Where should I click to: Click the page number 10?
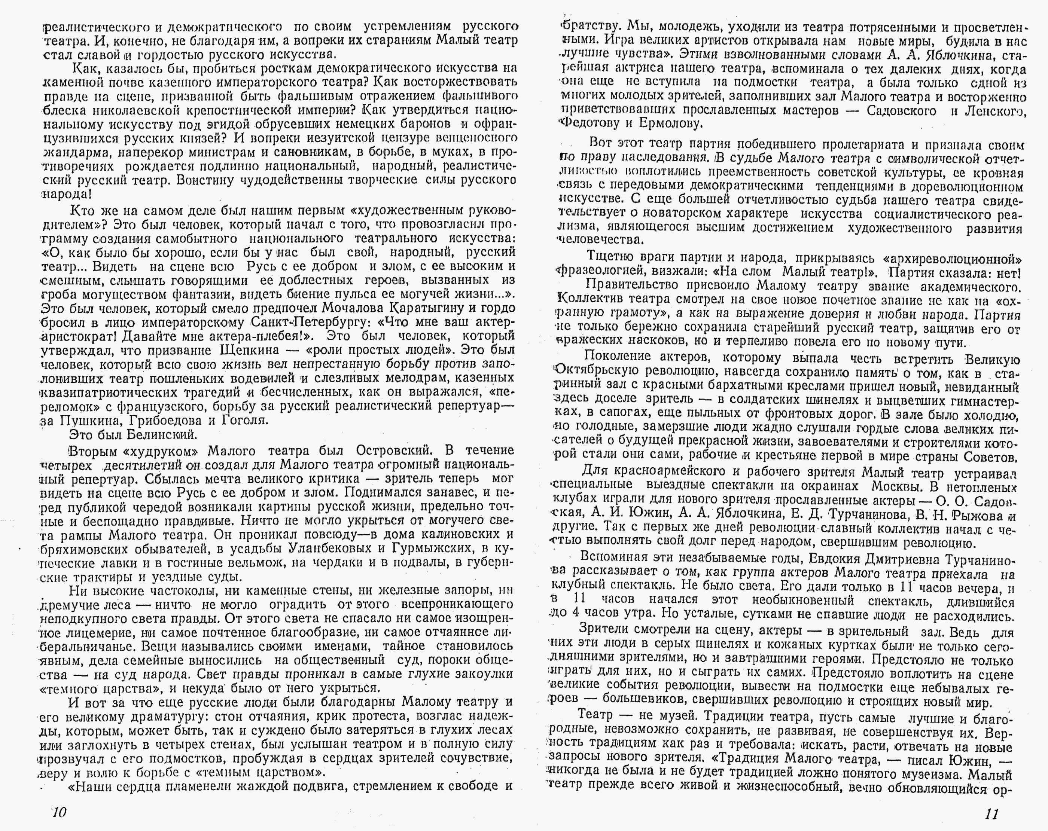59,812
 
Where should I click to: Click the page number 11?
991,813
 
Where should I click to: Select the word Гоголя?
244,420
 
